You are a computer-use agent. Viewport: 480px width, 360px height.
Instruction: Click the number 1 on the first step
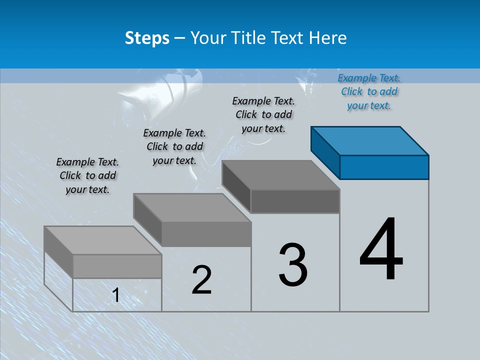[116, 295]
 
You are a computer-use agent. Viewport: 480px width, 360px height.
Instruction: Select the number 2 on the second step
[201, 280]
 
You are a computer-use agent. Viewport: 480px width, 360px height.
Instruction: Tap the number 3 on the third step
[293, 265]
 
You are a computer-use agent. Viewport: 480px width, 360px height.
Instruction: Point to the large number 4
[381, 249]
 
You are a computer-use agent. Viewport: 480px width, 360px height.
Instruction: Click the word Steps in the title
[147, 38]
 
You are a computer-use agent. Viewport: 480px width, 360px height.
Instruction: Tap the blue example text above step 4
[369, 91]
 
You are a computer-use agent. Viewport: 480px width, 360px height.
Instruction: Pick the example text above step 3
[263, 114]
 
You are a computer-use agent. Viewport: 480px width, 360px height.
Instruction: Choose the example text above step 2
[174, 146]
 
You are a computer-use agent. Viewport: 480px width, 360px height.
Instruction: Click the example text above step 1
[87, 175]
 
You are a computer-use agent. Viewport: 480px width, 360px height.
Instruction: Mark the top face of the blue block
[370, 141]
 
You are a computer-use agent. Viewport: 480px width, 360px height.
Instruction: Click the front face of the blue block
[384, 167]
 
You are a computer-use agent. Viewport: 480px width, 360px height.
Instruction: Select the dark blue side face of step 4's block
[325, 152]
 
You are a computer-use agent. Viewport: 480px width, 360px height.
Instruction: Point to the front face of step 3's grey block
[295, 201]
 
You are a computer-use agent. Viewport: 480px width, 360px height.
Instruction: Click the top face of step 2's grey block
[192, 208]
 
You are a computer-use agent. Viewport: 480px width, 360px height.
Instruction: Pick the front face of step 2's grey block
[206, 234]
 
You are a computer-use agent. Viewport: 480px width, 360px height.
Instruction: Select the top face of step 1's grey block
[103, 240]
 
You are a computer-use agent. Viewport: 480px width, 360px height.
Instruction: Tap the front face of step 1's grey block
[117, 266]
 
